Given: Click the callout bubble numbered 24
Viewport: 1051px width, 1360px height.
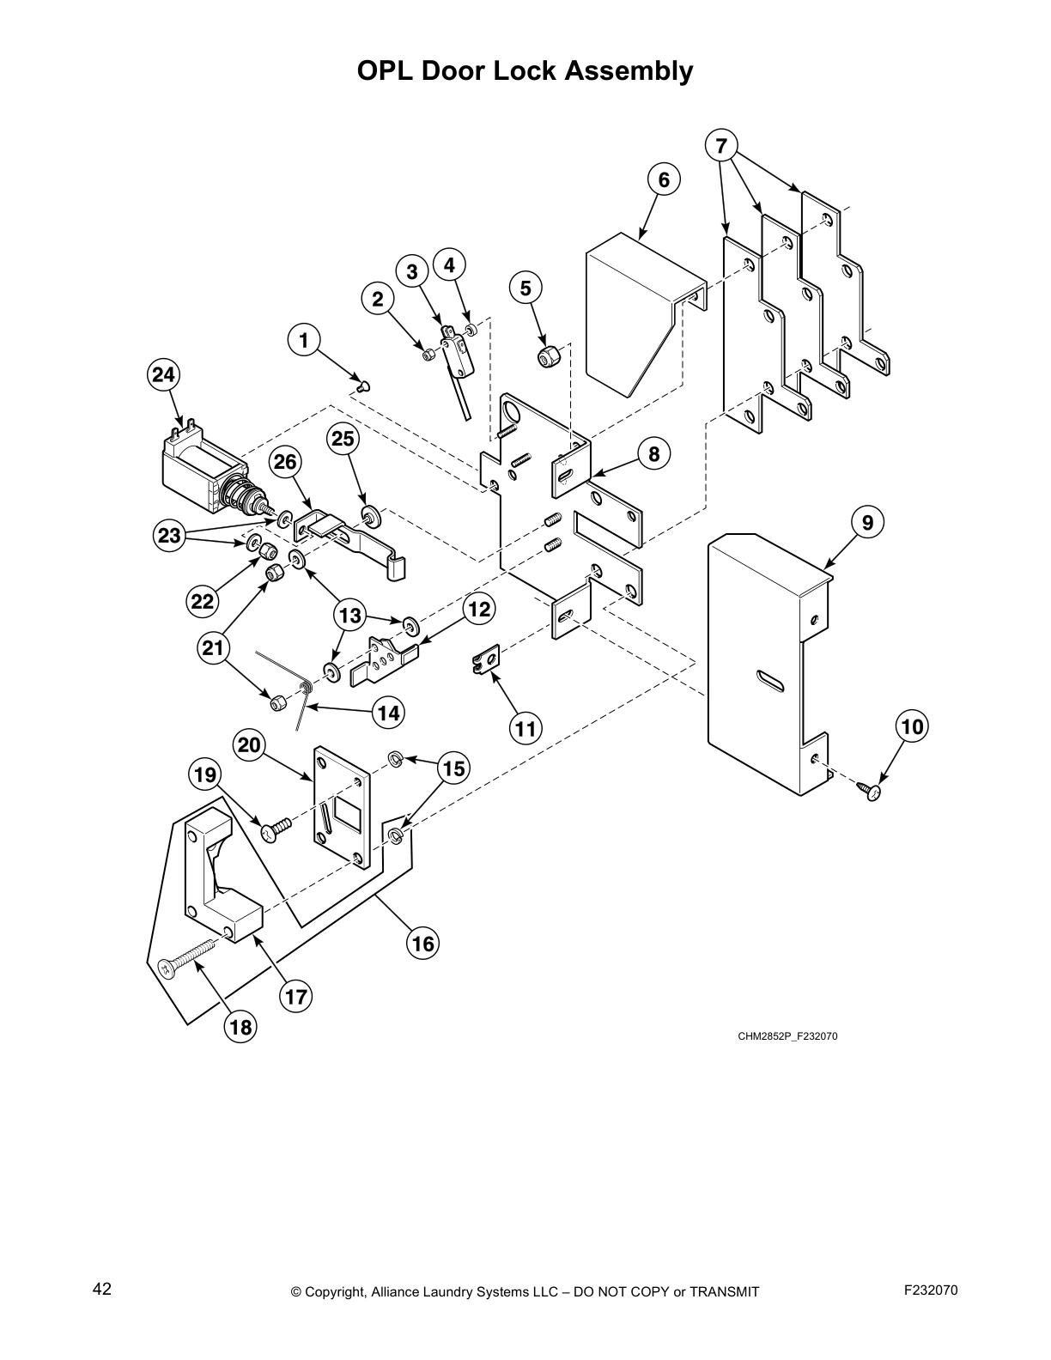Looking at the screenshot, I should pos(163,374).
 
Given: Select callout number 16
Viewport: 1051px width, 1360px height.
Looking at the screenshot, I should pos(422,944).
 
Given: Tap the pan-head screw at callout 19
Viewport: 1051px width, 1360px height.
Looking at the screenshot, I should pos(276,829).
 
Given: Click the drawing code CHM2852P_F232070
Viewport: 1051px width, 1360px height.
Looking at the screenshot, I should pos(787,1036).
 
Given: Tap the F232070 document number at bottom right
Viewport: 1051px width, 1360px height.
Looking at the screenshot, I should pos(931,1290).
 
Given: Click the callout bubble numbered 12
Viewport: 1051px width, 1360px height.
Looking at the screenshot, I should pos(479,610).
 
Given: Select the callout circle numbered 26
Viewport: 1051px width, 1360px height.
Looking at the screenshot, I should pos(285,462).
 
